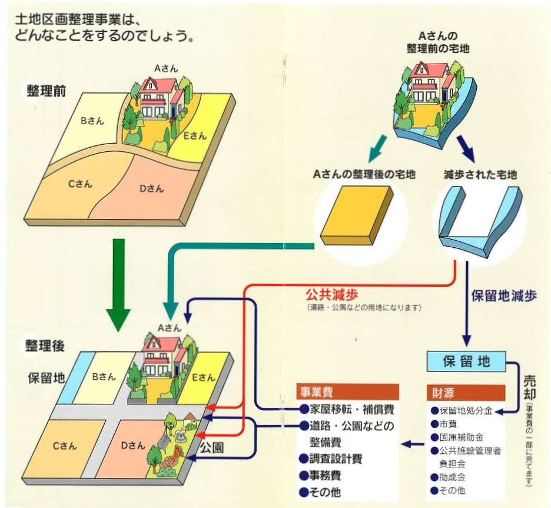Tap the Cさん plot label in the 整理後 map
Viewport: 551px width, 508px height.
coord(64,446)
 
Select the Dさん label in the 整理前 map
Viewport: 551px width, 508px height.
coord(151,189)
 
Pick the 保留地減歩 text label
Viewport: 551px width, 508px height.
coord(505,297)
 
